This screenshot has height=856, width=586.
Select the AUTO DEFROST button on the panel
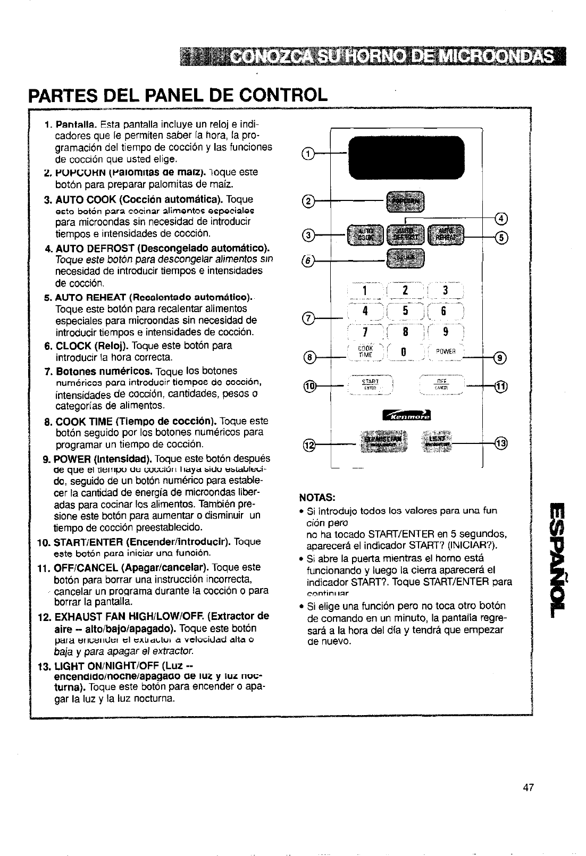pyautogui.click(x=406, y=232)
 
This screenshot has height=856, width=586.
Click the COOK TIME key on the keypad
pyautogui.click(x=365, y=351)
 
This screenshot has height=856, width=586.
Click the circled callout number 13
pyautogui.click(x=501, y=442)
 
